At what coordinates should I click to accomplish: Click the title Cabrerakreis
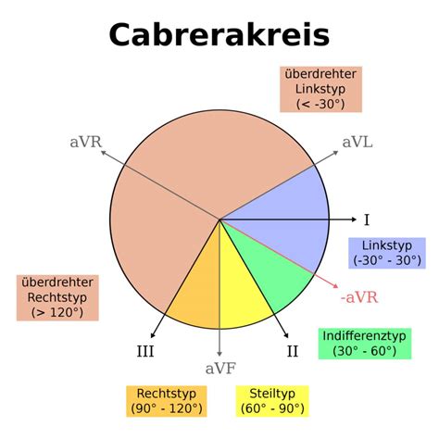click(x=219, y=34)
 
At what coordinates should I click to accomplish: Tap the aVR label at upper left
click(x=86, y=143)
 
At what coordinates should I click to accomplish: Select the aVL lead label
click(x=357, y=143)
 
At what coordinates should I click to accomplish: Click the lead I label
click(x=367, y=220)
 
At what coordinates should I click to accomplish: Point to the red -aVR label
click(x=359, y=297)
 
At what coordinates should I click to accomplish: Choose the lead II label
click(x=293, y=351)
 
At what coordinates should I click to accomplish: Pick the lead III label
click(x=145, y=351)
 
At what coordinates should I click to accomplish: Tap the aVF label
click(x=220, y=369)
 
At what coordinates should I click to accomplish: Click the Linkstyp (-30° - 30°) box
click(x=387, y=253)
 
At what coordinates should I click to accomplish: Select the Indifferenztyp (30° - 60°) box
click(x=365, y=344)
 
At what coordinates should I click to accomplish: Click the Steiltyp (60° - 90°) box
click(x=272, y=401)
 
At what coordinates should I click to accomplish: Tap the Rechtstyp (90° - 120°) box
click(x=167, y=401)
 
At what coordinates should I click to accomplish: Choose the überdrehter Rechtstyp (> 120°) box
click(x=57, y=297)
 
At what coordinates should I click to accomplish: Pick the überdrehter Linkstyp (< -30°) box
click(x=320, y=89)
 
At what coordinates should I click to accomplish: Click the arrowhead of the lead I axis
click(x=355, y=219)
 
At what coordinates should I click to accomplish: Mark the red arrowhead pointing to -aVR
click(x=335, y=286)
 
